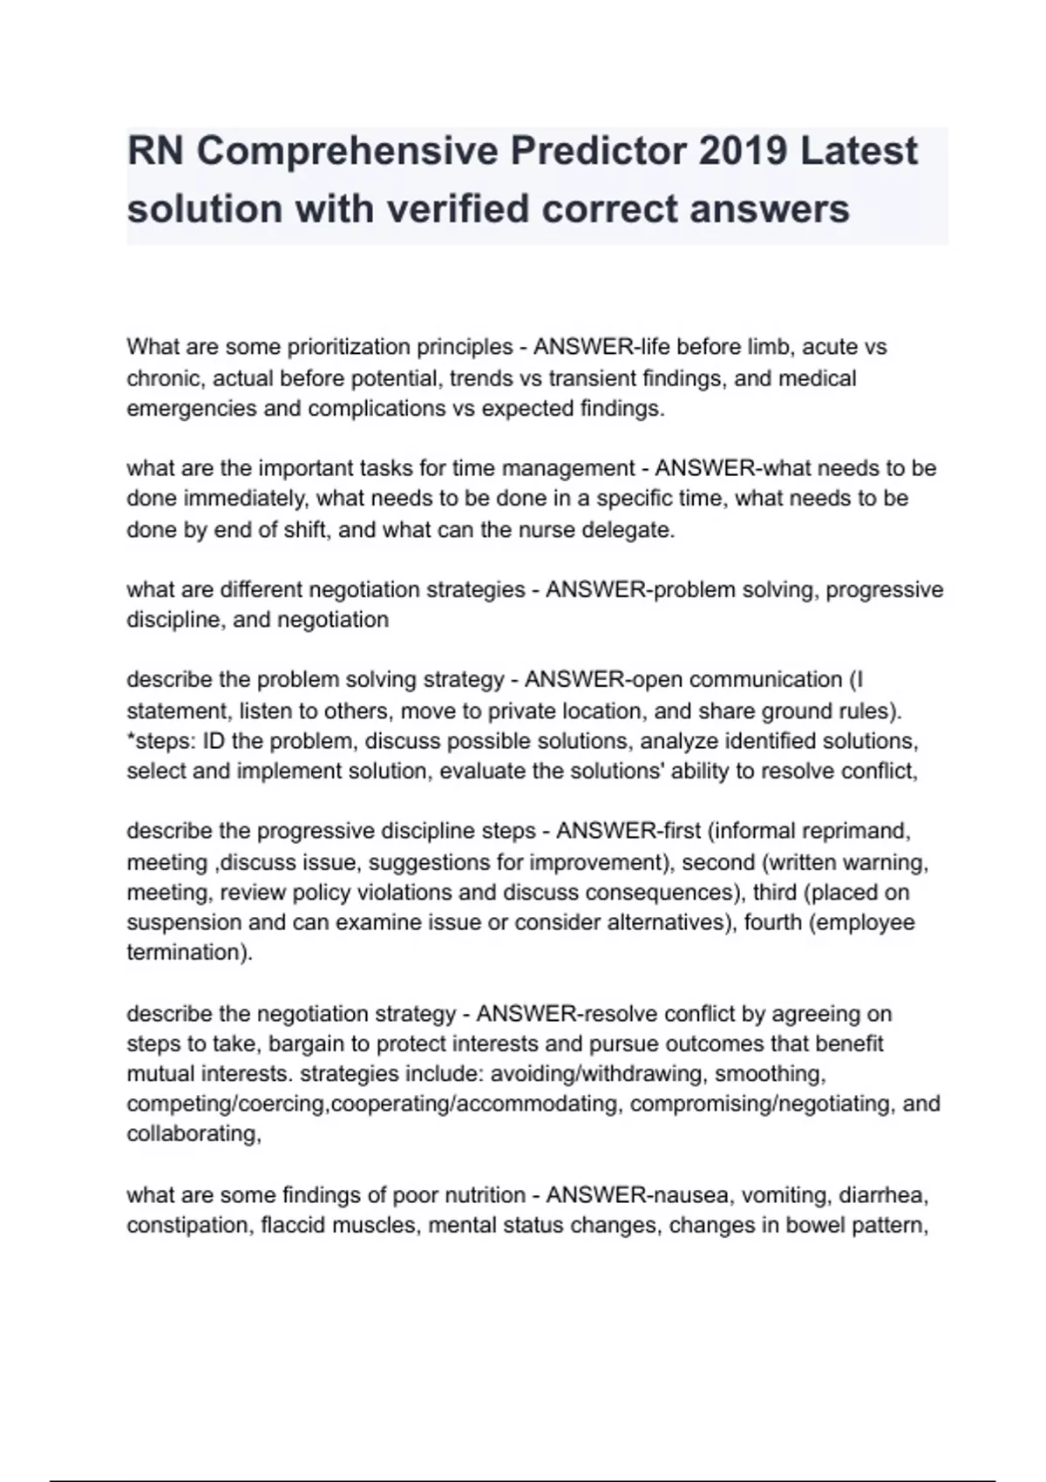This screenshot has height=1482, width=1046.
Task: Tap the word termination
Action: (186, 952)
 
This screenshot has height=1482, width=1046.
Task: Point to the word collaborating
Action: (192, 1133)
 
